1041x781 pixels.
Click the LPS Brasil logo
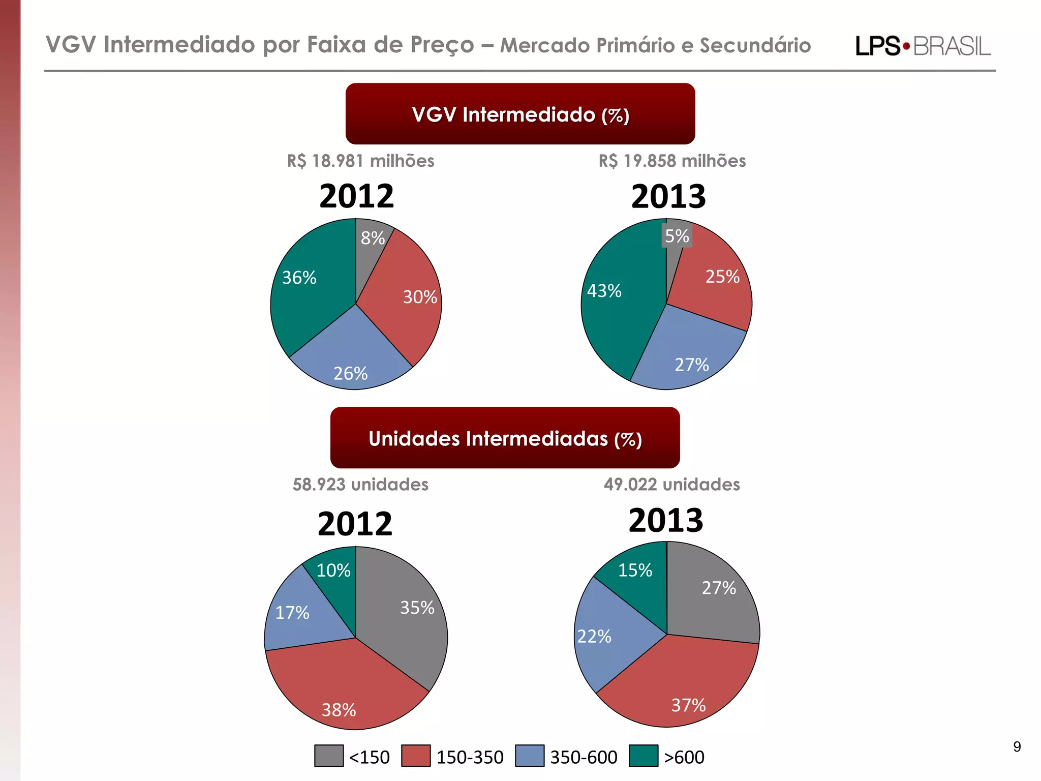[923, 46]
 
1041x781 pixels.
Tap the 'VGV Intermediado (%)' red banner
[520, 114]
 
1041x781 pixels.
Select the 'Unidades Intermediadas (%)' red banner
[505, 438]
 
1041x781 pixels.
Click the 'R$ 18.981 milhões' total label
[360, 161]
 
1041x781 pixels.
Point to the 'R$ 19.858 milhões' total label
[672, 161]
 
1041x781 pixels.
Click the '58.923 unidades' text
[360, 484]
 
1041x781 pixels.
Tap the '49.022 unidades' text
[671, 484]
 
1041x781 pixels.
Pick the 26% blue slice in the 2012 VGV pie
[351, 356]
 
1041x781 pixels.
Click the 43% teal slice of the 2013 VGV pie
[620, 305]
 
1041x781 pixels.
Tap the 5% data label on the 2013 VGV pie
[677, 236]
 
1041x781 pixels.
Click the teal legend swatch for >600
[644, 756]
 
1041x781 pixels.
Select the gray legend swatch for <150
[329, 756]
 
